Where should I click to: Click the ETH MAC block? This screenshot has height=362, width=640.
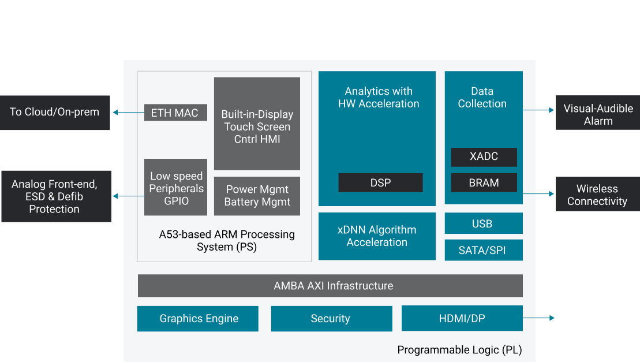(x=175, y=113)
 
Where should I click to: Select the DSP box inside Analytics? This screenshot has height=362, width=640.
(x=380, y=182)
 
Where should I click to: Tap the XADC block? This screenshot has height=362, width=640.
(x=484, y=156)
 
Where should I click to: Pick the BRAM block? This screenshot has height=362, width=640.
(x=484, y=182)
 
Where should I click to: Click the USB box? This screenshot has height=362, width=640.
(x=484, y=223)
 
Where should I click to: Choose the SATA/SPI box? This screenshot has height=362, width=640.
(x=484, y=250)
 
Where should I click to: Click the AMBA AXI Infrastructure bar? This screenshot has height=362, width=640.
(x=330, y=286)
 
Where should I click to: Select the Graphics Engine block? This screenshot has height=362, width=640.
(x=198, y=319)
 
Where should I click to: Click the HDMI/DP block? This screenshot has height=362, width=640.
(x=462, y=319)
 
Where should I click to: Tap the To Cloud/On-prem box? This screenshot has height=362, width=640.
(x=55, y=113)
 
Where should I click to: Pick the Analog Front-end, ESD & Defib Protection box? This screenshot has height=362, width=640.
(x=55, y=196)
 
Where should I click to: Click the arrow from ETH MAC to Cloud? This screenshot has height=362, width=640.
(x=128, y=113)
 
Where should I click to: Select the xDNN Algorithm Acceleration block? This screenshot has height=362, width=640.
(x=377, y=236)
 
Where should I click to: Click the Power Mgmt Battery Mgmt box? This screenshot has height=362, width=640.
(x=257, y=196)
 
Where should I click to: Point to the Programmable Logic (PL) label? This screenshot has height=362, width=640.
(x=459, y=350)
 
